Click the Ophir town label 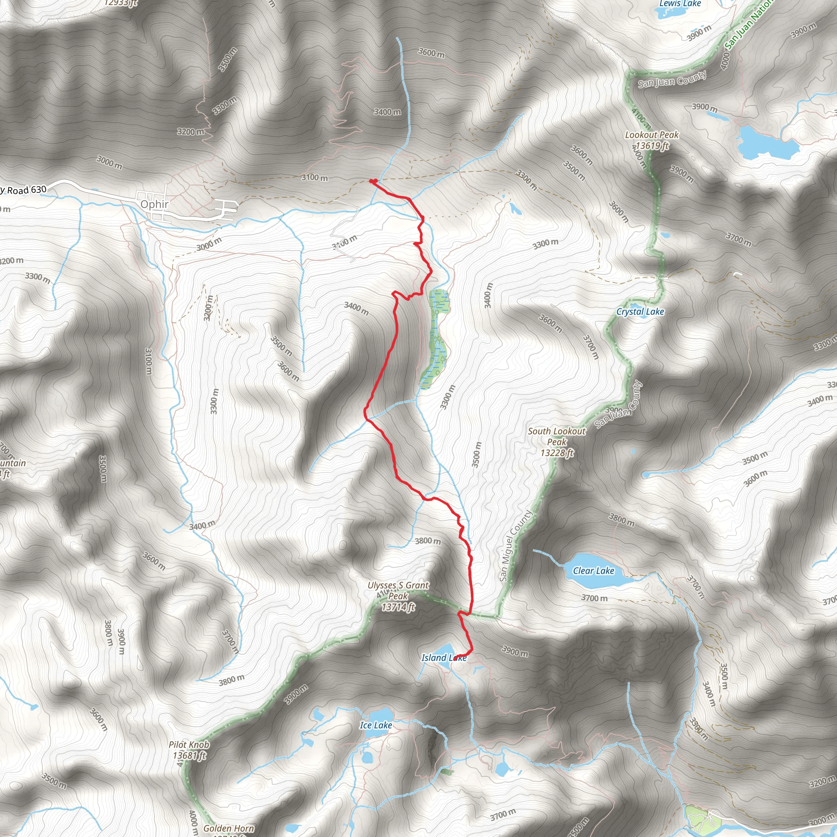click(x=154, y=204)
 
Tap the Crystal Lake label click(x=640, y=311)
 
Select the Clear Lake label click(x=593, y=571)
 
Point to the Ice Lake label click(x=376, y=725)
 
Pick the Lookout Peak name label click(x=651, y=135)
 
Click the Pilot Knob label click(x=189, y=744)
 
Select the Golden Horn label click(x=228, y=828)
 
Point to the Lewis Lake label click(x=680, y=3)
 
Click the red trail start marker click(x=373, y=181)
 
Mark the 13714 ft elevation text click(x=398, y=607)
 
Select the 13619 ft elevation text click(x=651, y=145)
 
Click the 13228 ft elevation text click(x=557, y=453)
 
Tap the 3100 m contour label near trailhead click(x=315, y=178)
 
